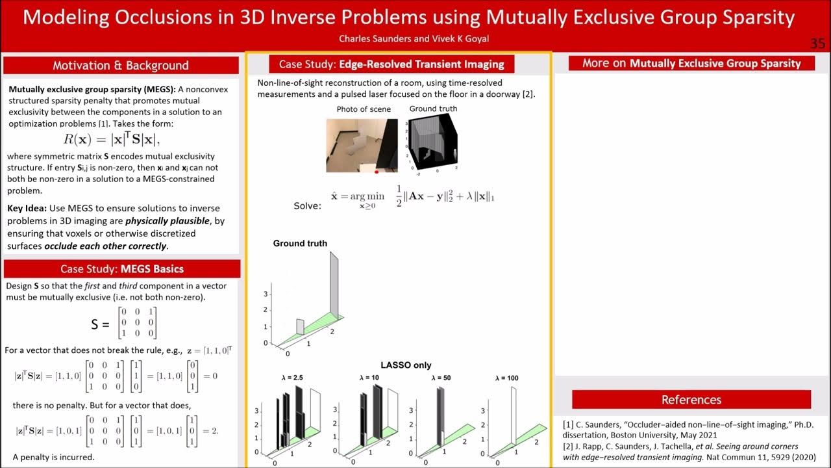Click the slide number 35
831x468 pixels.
[817, 44]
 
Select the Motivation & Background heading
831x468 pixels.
[121, 66]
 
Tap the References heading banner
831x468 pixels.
[691, 400]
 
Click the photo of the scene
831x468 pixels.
[362, 145]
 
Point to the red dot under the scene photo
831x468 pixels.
[377, 172]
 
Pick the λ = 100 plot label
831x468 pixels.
[507, 378]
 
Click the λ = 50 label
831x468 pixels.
[441, 378]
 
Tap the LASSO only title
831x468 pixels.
[406, 365]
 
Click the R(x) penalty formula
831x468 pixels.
[117, 139]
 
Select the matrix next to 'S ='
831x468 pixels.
[137, 323]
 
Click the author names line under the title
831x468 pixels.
[414, 39]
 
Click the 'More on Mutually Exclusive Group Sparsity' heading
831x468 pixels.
[692, 63]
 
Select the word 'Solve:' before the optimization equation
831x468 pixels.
[307, 206]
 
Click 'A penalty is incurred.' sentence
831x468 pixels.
[54, 457]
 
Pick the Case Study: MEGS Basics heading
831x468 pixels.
[122, 269]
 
